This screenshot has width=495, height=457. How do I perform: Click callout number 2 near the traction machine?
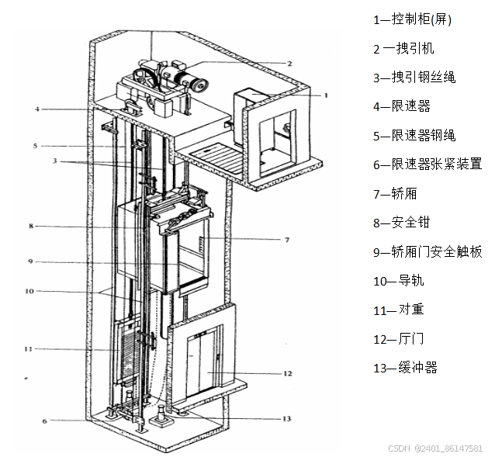pos(289,63)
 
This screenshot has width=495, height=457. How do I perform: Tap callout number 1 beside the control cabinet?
pos(326,95)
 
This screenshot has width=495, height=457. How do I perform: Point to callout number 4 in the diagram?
pos(36,109)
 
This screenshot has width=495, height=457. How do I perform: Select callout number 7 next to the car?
pos(286,240)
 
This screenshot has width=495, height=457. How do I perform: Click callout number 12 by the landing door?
pos(287,373)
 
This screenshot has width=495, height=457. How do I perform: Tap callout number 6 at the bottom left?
pos(44,421)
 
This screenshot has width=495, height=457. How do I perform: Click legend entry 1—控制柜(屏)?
pos(412,19)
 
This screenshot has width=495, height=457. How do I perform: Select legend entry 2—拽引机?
pos(403,48)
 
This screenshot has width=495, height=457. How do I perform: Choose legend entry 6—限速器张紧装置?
pos(427,164)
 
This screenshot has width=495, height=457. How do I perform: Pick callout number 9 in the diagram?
pos(30,261)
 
